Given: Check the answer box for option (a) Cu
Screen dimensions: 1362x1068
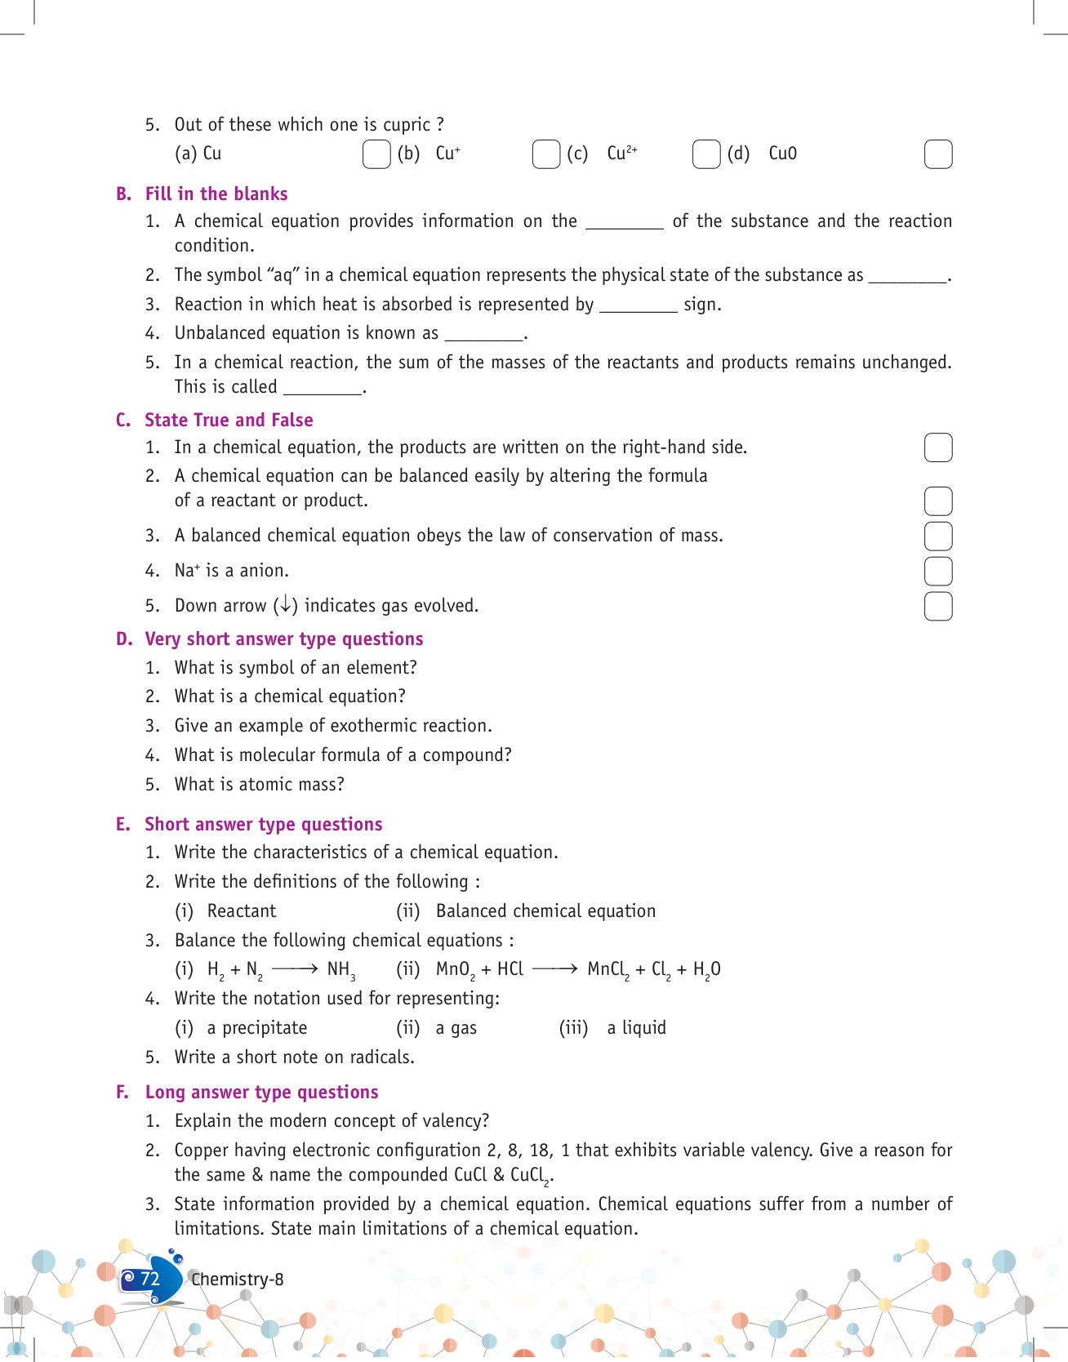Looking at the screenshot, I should [x=376, y=154].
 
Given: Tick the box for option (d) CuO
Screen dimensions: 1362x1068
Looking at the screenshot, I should [x=938, y=154].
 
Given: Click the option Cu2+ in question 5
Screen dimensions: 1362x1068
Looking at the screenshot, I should [x=621, y=154].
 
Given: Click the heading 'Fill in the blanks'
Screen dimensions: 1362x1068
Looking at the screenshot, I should [x=216, y=194].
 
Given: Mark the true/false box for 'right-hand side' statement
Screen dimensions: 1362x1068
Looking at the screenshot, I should [x=938, y=447].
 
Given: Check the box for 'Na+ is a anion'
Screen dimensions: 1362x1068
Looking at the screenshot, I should [x=938, y=572].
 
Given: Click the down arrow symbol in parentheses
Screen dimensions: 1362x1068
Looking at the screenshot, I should [x=285, y=605].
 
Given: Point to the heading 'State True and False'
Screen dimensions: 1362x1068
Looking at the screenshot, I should [x=229, y=421].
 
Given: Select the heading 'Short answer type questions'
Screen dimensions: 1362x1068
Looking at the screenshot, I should [x=263, y=825].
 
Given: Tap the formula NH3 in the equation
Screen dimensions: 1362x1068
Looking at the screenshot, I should [x=340, y=970].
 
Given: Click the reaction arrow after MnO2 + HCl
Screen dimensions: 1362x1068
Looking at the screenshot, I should [x=554, y=969].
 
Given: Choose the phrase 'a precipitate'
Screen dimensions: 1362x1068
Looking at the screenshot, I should [x=257, y=1028].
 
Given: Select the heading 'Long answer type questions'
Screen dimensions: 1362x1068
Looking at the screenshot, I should [x=261, y=1093].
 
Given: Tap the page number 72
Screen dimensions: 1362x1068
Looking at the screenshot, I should [x=150, y=1279].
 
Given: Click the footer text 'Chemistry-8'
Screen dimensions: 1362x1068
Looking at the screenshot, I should [x=238, y=1280].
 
